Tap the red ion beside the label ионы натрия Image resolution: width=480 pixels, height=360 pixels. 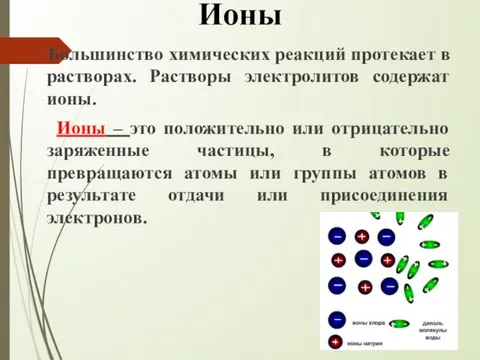pos(335,343)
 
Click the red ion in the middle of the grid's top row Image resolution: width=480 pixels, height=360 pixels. pos(361,237)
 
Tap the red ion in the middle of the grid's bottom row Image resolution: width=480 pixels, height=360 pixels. pos(365,287)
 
